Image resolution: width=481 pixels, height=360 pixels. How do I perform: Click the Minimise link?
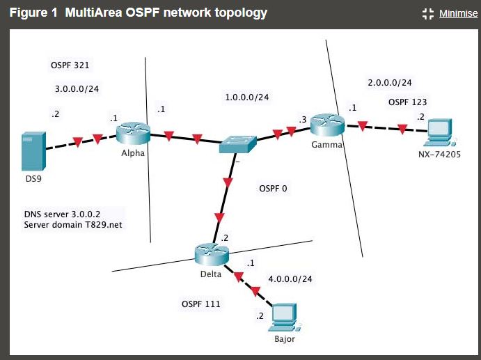[458, 13]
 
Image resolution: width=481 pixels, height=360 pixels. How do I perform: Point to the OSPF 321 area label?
[70, 65]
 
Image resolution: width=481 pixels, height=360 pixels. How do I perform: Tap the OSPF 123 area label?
[407, 102]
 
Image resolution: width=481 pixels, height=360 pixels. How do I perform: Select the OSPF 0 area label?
[273, 188]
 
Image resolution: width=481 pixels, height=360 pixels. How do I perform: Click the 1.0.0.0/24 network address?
[246, 97]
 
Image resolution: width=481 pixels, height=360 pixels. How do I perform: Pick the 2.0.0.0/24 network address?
[390, 83]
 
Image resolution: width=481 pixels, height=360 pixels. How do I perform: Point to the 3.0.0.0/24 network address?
[77, 89]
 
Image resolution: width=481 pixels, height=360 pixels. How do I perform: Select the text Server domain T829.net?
[73, 225]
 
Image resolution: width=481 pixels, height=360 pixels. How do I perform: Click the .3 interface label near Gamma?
[302, 120]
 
